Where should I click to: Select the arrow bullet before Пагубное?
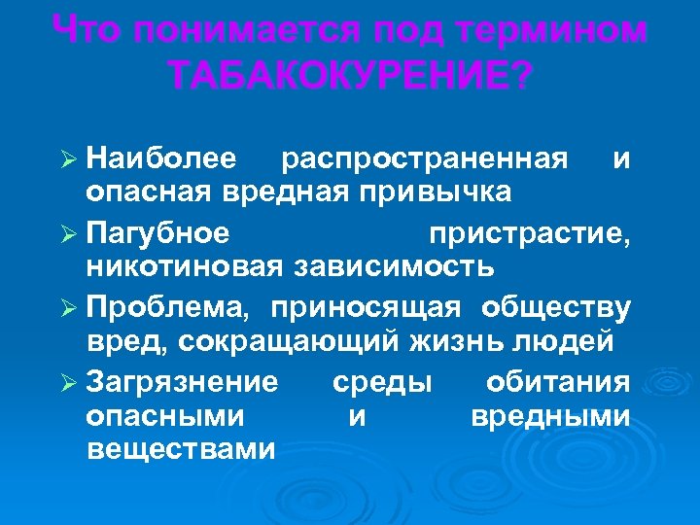click(70, 234)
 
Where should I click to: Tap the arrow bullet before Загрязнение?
click(70, 382)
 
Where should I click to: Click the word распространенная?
click(423, 157)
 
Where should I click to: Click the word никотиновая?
click(185, 266)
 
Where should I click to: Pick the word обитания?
click(558, 381)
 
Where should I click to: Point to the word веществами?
click(181, 450)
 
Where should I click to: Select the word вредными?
click(550, 416)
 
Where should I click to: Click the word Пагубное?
click(157, 234)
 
